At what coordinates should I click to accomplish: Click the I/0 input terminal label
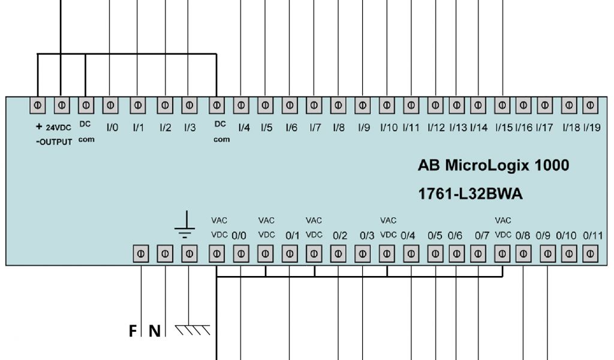click(112, 127)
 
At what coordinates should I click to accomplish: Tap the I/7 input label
click(315, 127)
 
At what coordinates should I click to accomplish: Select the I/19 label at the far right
click(592, 127)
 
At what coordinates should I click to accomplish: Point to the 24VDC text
click(58, 128)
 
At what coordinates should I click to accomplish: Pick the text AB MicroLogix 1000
click(493, 166)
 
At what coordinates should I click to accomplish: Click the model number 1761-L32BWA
click(470, 194)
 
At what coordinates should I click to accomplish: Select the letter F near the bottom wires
click(133, 331)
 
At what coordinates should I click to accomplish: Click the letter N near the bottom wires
click(155, 331)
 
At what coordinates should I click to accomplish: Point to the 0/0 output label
click(239, 236)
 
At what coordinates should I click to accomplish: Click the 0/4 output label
click(408, 236)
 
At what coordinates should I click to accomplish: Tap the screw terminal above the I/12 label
click(435, 106)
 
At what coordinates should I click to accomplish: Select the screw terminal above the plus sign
click(37, 106)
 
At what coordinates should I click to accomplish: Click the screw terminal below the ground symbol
click(189, 254)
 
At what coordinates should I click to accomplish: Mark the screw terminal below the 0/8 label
click(523, 254)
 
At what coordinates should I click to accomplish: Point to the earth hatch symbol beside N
click(192, 329)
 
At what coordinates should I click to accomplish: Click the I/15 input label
click(503, 127)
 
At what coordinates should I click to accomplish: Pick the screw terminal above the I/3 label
click(189, 106)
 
